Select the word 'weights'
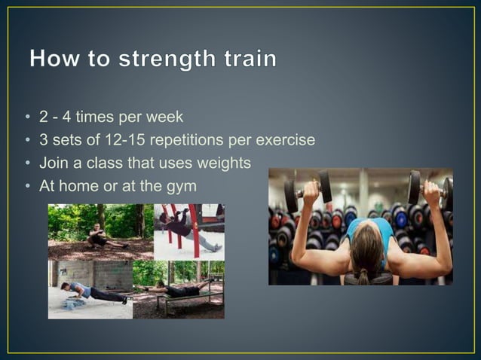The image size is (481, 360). pyautogui.click(x=223, y=163)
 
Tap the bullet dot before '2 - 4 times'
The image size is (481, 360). pyautogui.click(x=27, y=118)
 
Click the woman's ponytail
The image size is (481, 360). pyautogui.click(x=363, y=272)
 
